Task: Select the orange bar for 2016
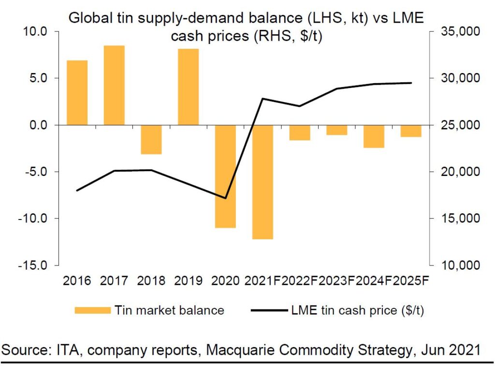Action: pyautogui.click(x=77, y=92)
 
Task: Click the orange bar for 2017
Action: pyautogui.click(x=114, y=85)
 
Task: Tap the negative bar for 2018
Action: pyautogui.click(x=151, y=140)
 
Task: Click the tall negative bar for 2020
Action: pyautogui.click(x=225, y=176)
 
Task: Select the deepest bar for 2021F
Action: pyautogui.click(x=262, y=182)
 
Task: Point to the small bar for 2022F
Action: pyautogui.click(x=300, y=132)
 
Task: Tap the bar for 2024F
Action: pyautogui.click(x=374, y=136)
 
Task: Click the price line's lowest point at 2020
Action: pyautogui.click(x=225, y=198)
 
